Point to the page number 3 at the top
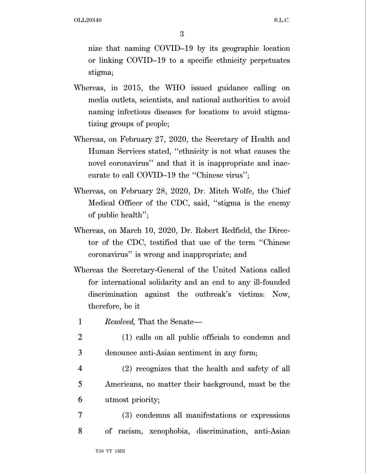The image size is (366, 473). (x=182, y=33)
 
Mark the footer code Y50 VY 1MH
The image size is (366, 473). (x=107, y=459)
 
